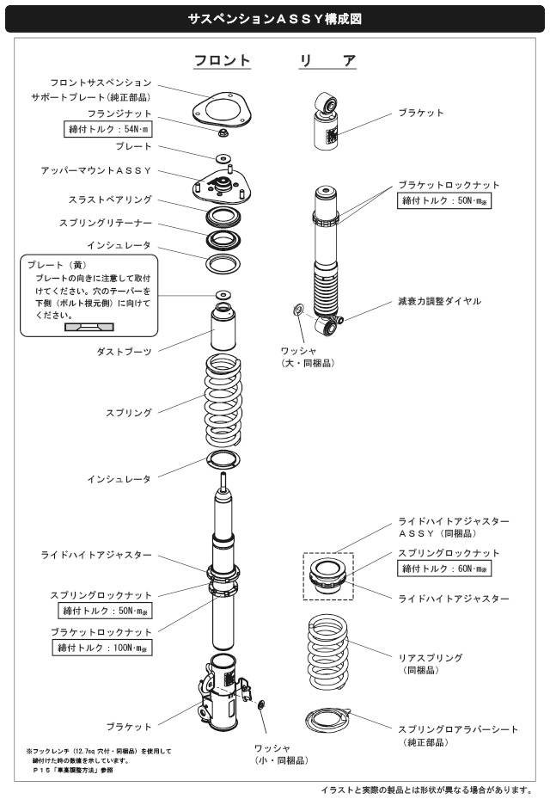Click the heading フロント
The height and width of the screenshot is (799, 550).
pos(221,61)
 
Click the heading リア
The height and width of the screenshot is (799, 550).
pos(327,61)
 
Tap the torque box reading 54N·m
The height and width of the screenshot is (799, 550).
pos(108,130)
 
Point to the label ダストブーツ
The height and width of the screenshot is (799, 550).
pos(125,351)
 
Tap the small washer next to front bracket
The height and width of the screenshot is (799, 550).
pos(261,706)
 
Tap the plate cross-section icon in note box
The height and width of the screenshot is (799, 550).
pos(88,327)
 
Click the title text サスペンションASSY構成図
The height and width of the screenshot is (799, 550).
pos(274,16)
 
